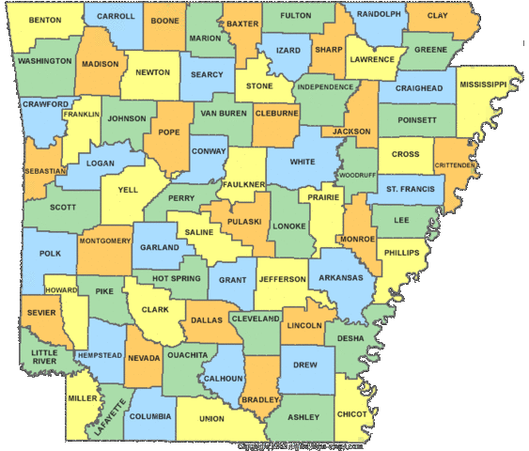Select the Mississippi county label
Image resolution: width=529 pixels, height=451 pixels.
483,84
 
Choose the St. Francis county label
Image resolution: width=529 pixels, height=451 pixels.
412,189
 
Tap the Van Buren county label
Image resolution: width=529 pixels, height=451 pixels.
223,113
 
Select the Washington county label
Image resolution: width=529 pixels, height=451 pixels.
44,61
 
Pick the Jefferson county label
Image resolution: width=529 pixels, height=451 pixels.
282,279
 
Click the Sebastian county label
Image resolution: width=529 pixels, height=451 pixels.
45,171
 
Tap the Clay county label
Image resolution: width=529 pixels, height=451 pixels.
437,16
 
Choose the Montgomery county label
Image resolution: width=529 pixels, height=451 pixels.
105,241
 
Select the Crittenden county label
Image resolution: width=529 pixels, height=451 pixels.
455,164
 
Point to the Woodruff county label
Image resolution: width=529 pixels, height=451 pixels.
357,175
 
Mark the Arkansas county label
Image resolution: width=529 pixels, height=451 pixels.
340,277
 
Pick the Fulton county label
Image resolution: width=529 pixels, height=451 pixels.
296,16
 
